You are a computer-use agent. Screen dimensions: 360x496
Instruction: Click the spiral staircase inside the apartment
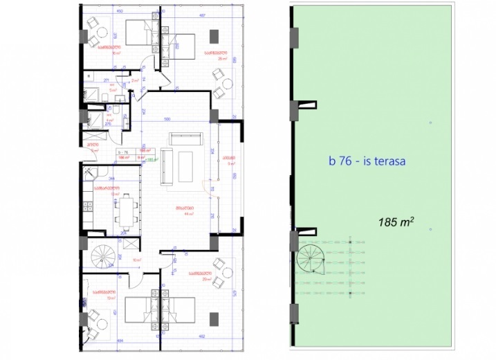tap(102, 258)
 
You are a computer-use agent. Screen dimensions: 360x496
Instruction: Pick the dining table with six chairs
tap(127, 209)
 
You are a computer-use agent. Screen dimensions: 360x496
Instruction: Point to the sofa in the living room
tap(167, 166)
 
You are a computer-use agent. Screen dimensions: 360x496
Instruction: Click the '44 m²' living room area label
tap(187, 214)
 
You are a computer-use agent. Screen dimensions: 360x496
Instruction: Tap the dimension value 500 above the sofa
tap(167, 120)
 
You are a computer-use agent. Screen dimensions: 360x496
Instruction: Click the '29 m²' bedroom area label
tap(206, 280)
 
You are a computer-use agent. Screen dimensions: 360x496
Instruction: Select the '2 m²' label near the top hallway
tap(136, 81)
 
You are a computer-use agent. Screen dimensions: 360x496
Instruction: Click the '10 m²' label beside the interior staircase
tap(136, 260)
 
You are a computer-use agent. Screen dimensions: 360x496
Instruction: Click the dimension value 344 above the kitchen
tap(111, 178)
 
